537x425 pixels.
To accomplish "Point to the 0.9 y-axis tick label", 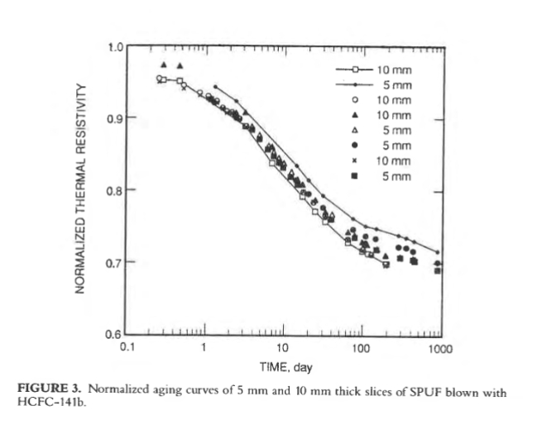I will point(115,117).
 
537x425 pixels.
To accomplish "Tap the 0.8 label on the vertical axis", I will point(115,190).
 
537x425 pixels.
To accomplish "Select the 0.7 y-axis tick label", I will point(115,262).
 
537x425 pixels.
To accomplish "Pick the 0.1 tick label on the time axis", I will point(127,348).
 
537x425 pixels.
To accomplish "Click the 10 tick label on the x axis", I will point(282,348).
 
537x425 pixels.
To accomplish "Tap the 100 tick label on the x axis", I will point(360,348).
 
